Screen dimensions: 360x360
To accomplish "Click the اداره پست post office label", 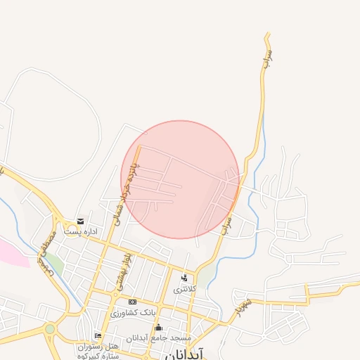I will (x=80, y=231).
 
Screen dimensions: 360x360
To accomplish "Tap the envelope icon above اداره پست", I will (x=80, y=221).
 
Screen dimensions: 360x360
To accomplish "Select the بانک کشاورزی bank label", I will (x=132, y=311).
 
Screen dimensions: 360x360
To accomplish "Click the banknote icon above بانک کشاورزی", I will (x=132, y=302).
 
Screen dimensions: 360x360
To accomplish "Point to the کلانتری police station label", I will (x=184, y=289).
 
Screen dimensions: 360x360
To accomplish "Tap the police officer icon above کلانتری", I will (x=184, y=278).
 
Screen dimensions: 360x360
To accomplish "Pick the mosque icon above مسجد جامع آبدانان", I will (x=158, y=328).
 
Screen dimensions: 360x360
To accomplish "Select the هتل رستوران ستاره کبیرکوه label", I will (x=98, y=351).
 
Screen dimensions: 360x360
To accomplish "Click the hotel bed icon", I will (x=98, y=335).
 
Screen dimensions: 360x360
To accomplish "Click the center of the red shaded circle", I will (x=181, y=179).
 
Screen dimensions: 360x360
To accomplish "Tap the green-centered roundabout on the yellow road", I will (x=49, y=328).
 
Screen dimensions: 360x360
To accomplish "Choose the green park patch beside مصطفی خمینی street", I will (x=54, y=265).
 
